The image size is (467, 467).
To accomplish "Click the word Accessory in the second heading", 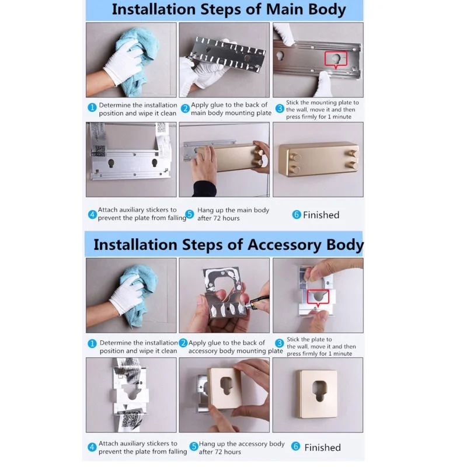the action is pyautogui.click(x=285, y=245).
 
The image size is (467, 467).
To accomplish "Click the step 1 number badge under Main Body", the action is pyautogui.click(x=92, y=107).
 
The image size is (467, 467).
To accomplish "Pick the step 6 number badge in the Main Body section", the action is pyautogui.click(x=297, y=214).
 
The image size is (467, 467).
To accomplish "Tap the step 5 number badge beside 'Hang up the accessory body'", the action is pyautogui.click(x=194, y=446).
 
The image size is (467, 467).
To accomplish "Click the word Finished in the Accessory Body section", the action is pyautogui.click(x=323, y=447).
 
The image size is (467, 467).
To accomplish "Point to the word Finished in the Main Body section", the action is pyautogui.click(x=321, y=215).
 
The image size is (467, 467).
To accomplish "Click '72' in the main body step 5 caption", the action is pyautogui.click(x=217, y=218).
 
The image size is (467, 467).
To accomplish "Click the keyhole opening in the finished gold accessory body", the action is pyautogui.click(x=319, y=391).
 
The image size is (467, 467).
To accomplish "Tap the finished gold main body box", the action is pyautogui.click(x=318, y=159).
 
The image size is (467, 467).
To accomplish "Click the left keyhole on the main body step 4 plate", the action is pyautogui.click(x=111, y=163).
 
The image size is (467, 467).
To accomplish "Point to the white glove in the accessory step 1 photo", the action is pyautogui.click(x=127, y=294).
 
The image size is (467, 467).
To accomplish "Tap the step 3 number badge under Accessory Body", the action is pyautogui.click(x=280, y=343).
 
